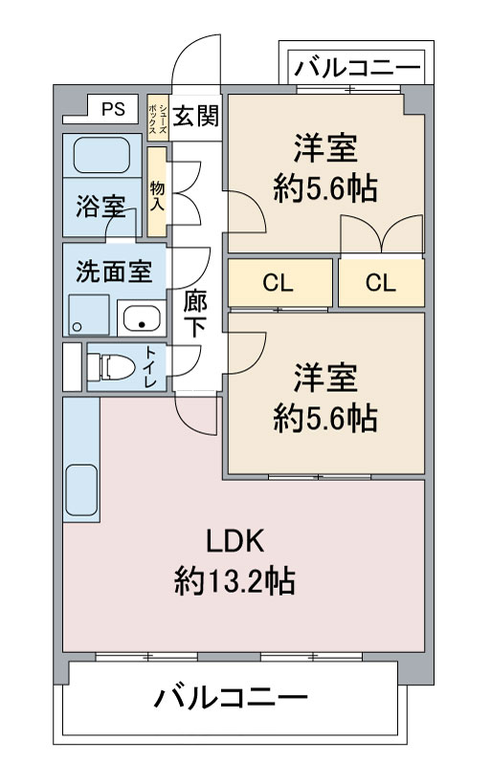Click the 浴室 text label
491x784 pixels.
(100, 207)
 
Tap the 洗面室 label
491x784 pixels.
(113, 271)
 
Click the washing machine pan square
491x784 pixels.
(86, 314)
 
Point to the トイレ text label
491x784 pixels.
(151, 365)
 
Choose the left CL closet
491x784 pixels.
(279, 283)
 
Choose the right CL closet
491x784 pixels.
(381, 283)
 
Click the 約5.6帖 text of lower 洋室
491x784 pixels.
(325, 418)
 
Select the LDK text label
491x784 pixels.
(234, 541)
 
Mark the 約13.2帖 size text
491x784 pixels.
(234, 581)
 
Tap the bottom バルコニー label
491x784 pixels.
(231, 696)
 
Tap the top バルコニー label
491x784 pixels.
(356, 68)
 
